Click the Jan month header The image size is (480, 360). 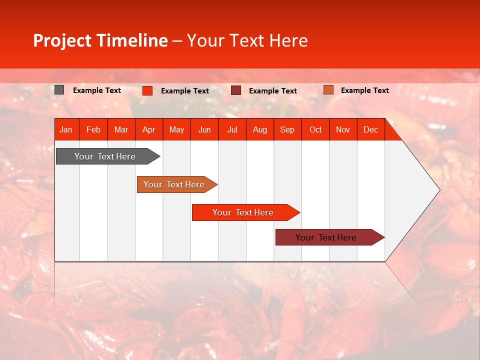tap(66, 129)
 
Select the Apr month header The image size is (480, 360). tap(148, 129)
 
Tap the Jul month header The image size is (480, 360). tap(232, 129)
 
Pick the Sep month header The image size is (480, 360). tap(287, 129)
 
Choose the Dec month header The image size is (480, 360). tap(370, 129)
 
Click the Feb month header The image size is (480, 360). tap(93, 129)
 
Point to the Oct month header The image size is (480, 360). tap(315, 129)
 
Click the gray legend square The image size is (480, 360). tap(59, 90)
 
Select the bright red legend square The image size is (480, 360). tap(147, 90)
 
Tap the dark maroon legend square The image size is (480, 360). tap(236, 90)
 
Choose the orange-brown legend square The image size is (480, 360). tap(328, 90)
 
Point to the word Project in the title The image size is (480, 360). tap(62, 40)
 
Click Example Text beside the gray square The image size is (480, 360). tap(97, 90)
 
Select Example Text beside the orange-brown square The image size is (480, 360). tap(365, 90)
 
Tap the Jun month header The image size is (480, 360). tap(204, 129)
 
